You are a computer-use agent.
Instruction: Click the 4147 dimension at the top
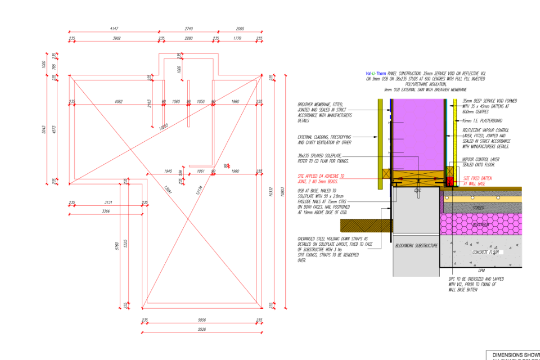click(114, 28)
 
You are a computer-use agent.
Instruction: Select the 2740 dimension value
click(188, 28)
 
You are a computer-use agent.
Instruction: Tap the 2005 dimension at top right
click(240, 28)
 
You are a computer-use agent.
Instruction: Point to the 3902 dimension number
click(117, 38)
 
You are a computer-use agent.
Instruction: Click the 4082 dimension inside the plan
click(119, 101)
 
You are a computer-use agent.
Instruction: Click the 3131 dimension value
click(109, 202)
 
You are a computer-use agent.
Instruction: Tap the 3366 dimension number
click(106, 211)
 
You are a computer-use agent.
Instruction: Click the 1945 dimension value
click(168, 170)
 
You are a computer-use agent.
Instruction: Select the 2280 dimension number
click(188, 38)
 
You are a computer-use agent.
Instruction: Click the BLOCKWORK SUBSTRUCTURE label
click(416, 246)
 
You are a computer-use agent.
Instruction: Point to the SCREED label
click(479, 208)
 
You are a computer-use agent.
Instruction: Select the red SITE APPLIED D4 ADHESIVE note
click(322, 179)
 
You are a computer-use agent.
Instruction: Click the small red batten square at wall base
click(450, 181)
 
